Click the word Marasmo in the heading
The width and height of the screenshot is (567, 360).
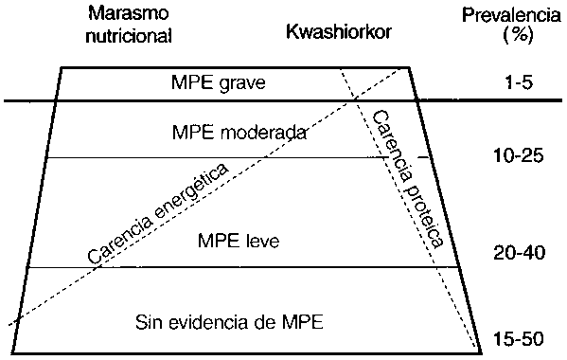(126, 16)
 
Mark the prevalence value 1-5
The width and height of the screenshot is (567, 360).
(516, 82)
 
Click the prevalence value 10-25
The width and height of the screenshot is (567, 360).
(517, 156)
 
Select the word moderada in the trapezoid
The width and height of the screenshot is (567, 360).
(269, 132)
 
